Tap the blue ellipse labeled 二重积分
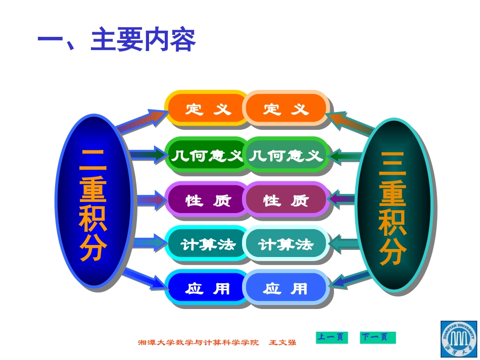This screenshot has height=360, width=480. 93,201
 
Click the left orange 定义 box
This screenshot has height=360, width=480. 207,109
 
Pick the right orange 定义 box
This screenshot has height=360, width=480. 286,109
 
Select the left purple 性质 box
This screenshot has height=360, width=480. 207,200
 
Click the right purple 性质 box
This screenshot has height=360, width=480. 286,200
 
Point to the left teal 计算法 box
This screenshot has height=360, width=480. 207,245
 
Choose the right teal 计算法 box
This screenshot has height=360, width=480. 286,245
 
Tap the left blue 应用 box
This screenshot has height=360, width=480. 207,288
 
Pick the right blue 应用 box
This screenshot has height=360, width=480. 286,288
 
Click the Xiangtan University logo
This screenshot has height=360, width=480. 459,338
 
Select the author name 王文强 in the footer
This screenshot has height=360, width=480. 283,342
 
